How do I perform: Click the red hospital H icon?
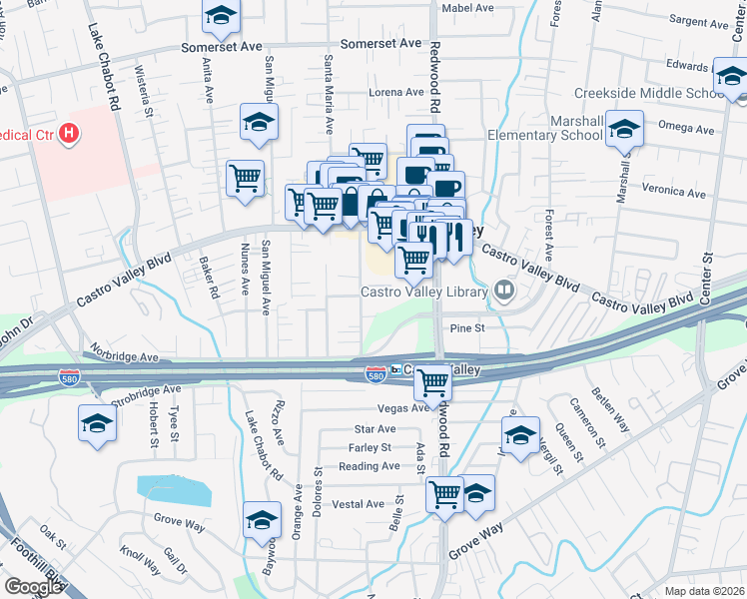(x=68, y=133)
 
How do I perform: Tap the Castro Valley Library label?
(x=424, y=292)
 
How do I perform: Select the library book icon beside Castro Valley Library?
(x=505, y=292)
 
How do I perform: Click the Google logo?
(x=34, y=587)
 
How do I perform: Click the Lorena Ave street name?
(x=397, y=92)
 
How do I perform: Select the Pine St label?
(x=466, y=326)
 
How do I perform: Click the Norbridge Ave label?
(x=123, y=355)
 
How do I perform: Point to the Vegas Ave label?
(x=402, y=407)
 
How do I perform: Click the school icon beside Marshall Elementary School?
(x=625, y=132)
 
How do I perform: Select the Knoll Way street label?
(x=140, y=558)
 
